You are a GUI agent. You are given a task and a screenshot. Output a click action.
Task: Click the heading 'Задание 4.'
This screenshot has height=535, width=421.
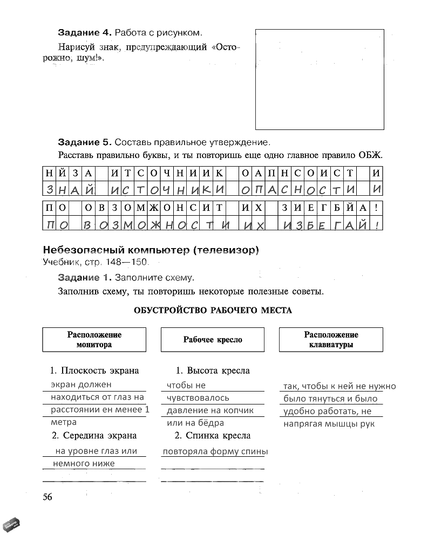point(84,33)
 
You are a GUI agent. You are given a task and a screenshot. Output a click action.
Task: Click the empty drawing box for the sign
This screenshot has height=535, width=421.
point(320,79)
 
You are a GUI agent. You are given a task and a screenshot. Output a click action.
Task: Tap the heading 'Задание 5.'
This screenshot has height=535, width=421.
point(84,142)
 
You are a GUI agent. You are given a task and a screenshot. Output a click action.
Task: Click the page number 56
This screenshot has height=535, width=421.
point(47,497)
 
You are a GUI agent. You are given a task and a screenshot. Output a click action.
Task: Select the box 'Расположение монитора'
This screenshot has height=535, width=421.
point(94,340)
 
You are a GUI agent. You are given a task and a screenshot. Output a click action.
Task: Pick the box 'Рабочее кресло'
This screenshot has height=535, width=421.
point(213,340)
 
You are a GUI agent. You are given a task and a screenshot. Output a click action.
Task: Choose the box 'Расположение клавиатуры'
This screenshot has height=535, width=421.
point(331,340)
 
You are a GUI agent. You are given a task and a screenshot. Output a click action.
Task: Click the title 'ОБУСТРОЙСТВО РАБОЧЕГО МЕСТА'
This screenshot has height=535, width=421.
point(212,310)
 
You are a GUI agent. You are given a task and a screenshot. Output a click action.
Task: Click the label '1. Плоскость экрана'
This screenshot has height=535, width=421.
point(94,371)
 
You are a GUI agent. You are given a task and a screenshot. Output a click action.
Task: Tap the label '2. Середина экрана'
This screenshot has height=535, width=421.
point(94,435)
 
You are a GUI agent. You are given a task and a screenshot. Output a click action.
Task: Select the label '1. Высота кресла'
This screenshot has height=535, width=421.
point(213,371)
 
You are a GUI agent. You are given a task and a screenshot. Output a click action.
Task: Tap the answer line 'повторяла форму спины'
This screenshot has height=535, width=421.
point(215,452)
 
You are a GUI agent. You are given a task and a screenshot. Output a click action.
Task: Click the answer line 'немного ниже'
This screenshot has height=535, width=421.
point(84,463)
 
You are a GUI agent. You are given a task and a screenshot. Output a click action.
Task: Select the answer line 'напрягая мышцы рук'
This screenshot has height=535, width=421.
point(329,424)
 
